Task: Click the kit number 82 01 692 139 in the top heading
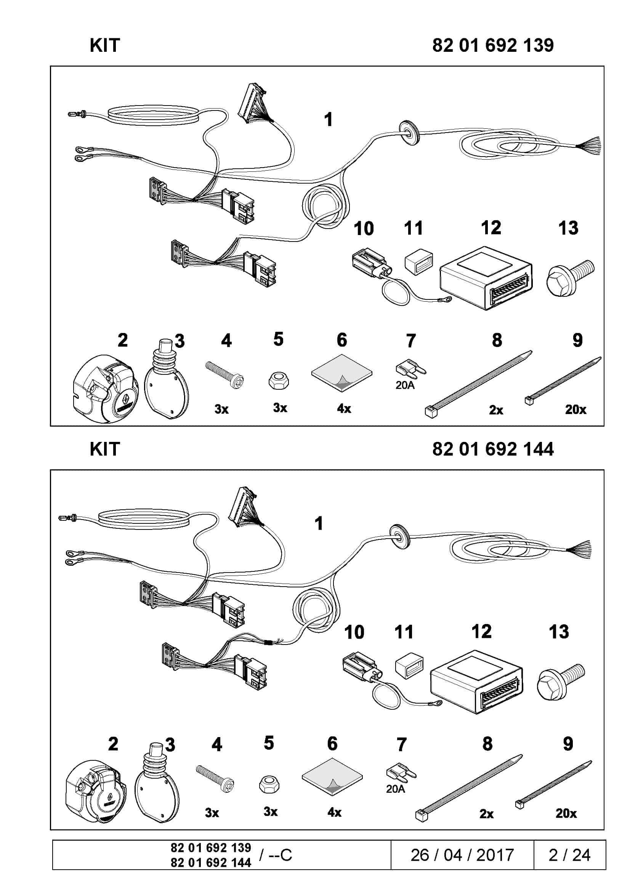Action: coord(492,45)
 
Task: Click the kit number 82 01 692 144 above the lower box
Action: coord(492,449)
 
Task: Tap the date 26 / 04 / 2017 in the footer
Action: coord(462,854)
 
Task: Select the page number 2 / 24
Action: coord(569,854)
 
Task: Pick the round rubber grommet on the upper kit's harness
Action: coord(409,132)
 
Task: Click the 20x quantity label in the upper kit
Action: coord(575,409)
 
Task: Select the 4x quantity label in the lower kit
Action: coord(334,812)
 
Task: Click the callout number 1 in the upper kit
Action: coord(329,120)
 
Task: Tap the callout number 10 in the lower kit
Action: coord(354,633)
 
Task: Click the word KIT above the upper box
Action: coord(105,45)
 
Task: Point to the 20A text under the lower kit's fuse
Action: coord(395,789)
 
